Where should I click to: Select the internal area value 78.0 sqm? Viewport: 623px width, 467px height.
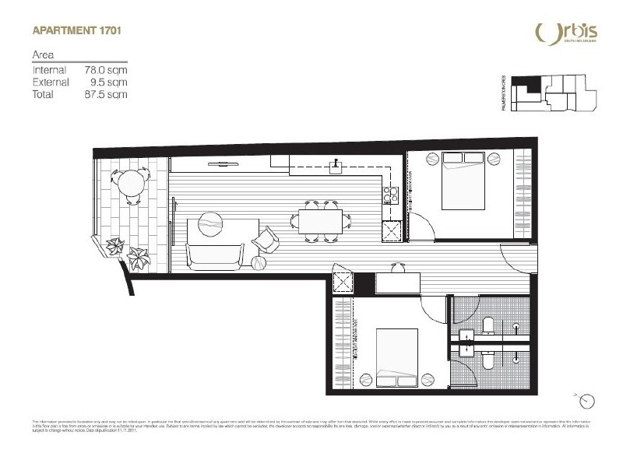[106, 69]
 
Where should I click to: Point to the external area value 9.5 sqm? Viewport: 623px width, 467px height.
[109, 82]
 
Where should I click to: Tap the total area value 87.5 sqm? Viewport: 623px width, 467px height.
[106, 94]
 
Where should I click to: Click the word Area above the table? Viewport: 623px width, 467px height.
[42, 55]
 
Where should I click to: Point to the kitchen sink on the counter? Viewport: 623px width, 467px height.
[335, 166]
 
